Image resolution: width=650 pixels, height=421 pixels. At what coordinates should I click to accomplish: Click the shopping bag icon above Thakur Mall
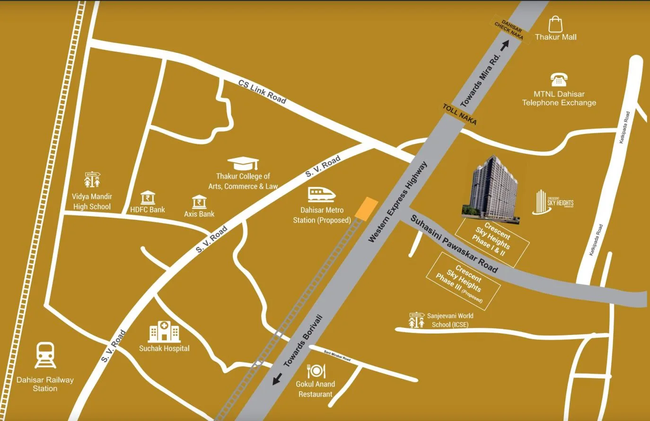coord(555,24)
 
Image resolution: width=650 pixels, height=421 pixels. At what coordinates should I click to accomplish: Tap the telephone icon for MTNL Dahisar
coord(559,80)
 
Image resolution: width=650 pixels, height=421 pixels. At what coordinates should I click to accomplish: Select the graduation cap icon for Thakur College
coord(243,164)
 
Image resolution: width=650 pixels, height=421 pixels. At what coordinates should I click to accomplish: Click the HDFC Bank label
coord(148,210)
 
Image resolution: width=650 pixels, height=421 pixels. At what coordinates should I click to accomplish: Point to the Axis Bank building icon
coord(199,202)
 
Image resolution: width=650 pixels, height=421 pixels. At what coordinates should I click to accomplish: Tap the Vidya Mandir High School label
coord(92,202)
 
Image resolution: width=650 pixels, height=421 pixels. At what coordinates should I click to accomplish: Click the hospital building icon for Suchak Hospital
coord(164,332)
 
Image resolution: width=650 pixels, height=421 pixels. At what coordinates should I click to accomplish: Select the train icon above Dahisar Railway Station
coord(45,355)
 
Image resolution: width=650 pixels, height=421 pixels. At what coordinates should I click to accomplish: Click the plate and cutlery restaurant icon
coord(316,370)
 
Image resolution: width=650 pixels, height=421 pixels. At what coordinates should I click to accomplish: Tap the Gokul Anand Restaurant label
coord(316,389)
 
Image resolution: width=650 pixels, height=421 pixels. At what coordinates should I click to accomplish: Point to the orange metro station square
coord(367,209)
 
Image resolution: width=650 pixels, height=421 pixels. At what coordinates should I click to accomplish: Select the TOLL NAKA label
coord(459,114)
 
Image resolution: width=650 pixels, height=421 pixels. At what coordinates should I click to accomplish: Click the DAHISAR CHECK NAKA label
coord(509,31)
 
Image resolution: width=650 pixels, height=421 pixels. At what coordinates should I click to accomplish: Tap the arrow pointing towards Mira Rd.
coord(505,45)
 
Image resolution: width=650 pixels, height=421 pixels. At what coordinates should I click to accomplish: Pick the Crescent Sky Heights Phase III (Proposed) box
coord(463,281)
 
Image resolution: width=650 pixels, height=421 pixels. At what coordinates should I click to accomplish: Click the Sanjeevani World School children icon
coord(416,320)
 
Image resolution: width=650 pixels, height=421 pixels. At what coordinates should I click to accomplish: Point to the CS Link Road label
coord(262,91)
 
